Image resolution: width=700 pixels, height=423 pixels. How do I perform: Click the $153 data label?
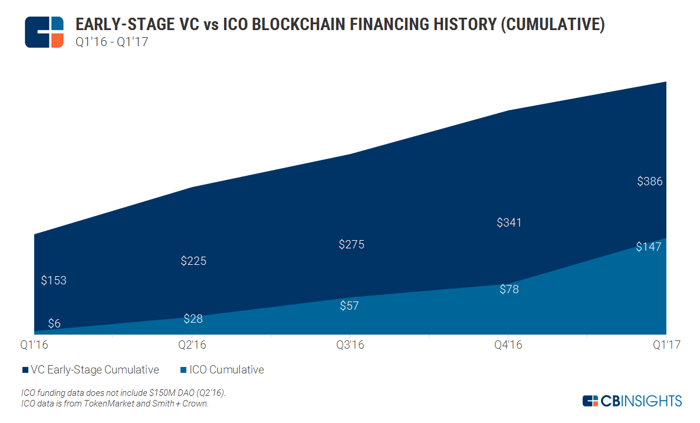[54, 281]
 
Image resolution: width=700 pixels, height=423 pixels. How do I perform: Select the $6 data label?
[54, 323]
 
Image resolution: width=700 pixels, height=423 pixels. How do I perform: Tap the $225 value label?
[193, 261]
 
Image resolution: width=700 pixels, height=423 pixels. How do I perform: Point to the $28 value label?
[193, 319]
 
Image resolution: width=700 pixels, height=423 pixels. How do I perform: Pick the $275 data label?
[351, 244]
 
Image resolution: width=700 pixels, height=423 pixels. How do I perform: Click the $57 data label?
[349, 306]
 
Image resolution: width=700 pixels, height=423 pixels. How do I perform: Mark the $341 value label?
[509, 223]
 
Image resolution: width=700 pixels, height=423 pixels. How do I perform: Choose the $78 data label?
[509, 290]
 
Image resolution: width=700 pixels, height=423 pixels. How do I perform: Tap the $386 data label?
[650, 182]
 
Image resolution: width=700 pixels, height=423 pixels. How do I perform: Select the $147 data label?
[649, 247]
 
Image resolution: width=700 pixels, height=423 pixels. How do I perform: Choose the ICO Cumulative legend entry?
[222, 370]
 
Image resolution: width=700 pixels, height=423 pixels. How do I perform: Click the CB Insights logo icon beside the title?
[44, 32]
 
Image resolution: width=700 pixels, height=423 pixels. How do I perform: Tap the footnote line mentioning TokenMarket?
[114, 404]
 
